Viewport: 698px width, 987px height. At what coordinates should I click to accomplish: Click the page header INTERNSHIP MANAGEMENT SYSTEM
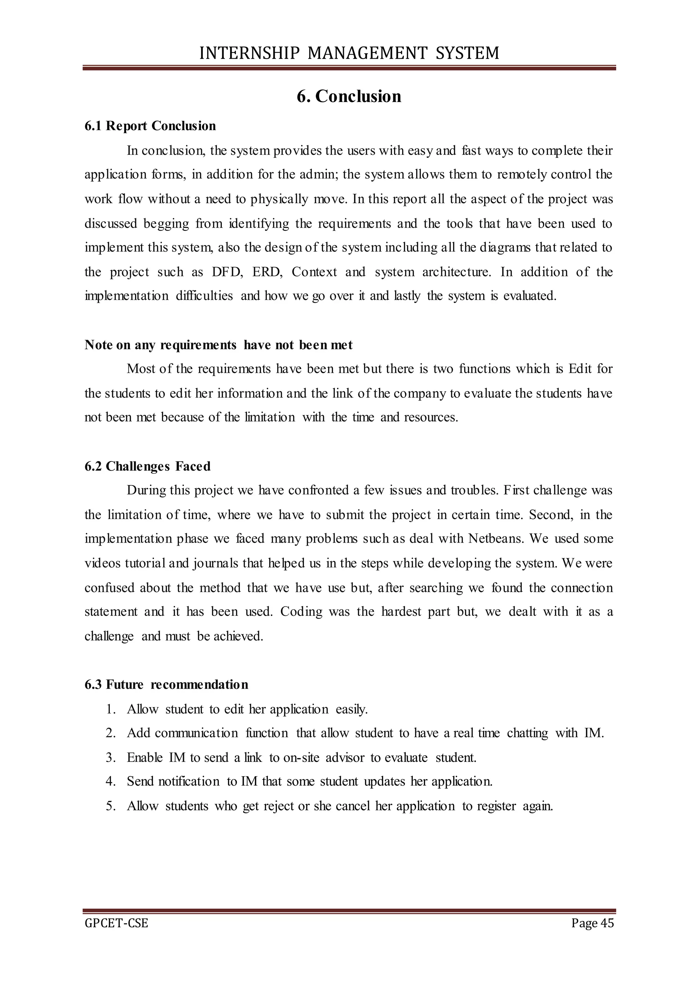[349, 53]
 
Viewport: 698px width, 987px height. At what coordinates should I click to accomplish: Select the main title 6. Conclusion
[349, 96]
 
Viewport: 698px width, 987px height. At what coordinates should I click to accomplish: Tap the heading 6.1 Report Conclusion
[150, 126]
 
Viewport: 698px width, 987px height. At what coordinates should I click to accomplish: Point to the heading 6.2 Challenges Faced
[148, 467]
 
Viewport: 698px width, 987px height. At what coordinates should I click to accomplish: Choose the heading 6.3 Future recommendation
[166, 684]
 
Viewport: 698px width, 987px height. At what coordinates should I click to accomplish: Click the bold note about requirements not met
[218, 345]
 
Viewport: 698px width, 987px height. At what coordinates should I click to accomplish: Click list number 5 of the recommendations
[110, 806]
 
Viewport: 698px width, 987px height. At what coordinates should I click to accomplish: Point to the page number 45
[607, 923]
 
